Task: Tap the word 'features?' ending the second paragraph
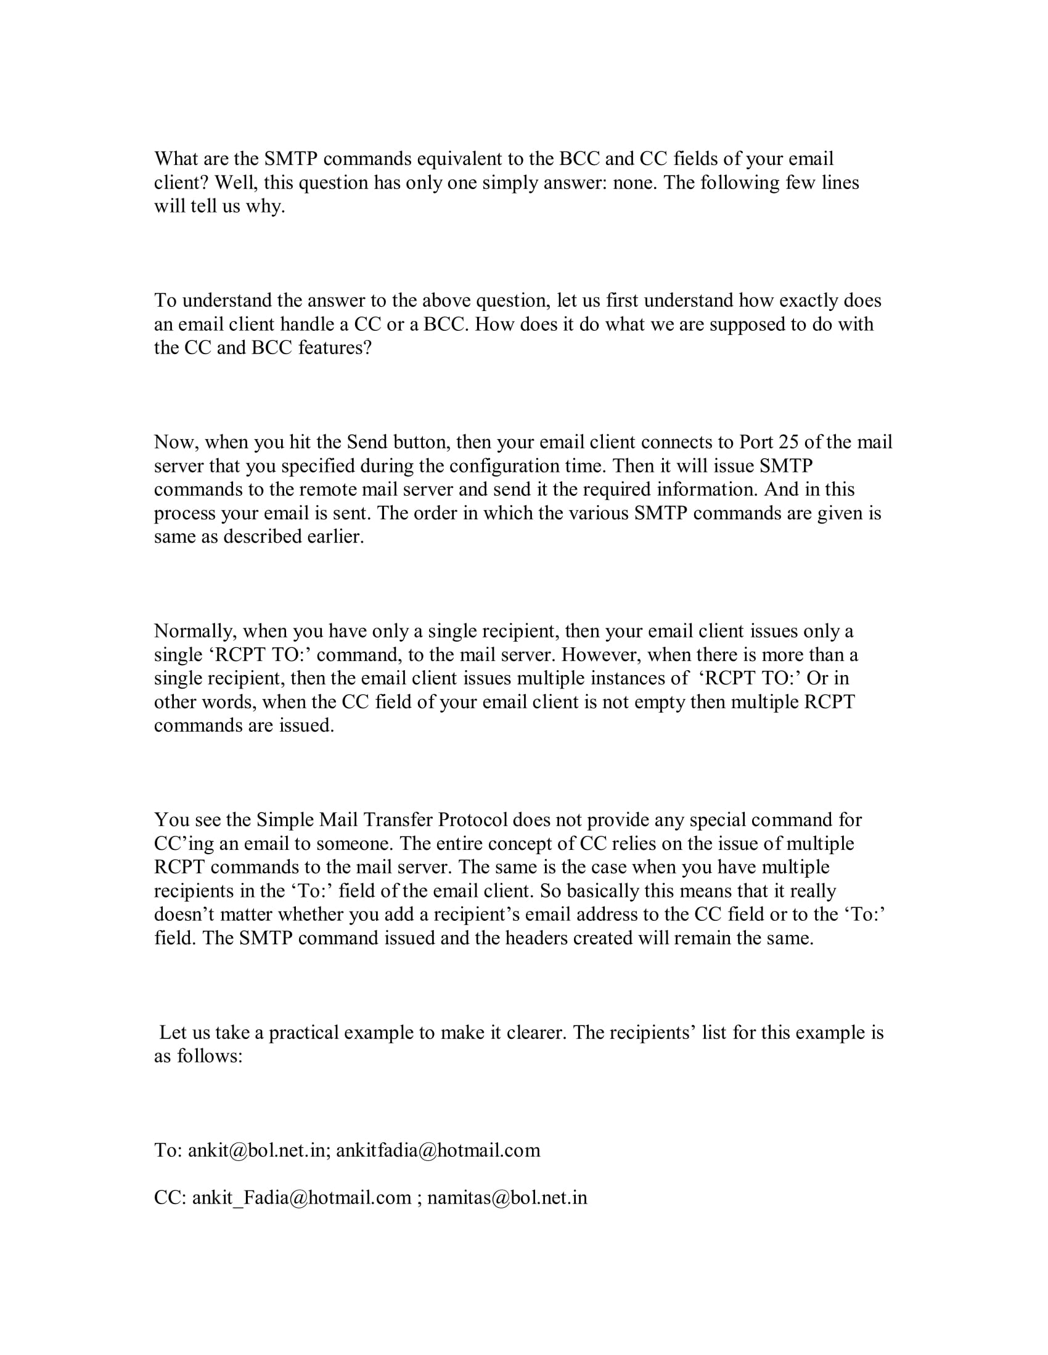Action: click(x=335, y=347)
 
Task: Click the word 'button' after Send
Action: click(x=422, y=442)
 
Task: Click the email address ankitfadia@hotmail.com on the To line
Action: click(x=438, y=1151)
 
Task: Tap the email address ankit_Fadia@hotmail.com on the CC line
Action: click(x=301, y=1197)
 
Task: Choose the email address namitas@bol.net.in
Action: click(x=507, y=1197)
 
